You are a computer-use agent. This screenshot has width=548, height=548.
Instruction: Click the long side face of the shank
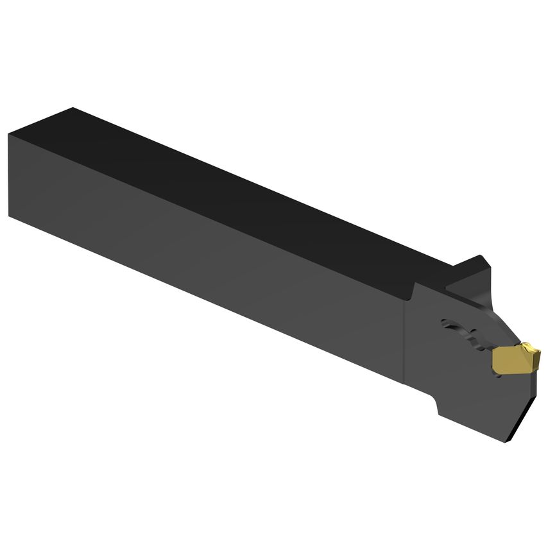click(x=205, y=257)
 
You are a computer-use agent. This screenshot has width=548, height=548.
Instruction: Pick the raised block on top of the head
click(x=472, y=273)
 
